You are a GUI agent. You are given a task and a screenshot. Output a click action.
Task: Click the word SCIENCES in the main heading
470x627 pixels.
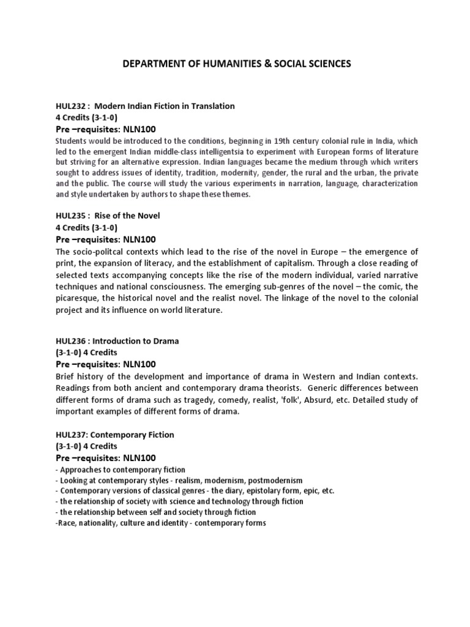coord(326,64)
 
